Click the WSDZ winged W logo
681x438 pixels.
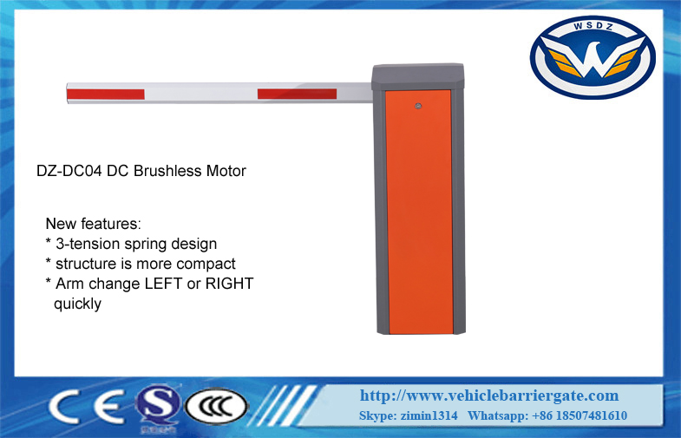pyautogui.click(x=593, y=57)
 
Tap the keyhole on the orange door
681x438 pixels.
pyautogui.click(x=418, y=106)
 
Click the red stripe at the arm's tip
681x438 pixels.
pyautogui.click(x=106, y=95)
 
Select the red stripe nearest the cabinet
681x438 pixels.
pyautogui.click(x=297, y=94)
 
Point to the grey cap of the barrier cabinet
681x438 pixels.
pyautogui.click(x=418, y=77)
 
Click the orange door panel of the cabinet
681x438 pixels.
pyautogui.click(x=419, y=212)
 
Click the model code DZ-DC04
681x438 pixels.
pyautogui.click(x=69, y=171)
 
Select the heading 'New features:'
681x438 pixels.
pyautogui.click(x=94, y=224)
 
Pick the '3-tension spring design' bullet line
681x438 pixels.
pyautogui.click(x=131, y=244)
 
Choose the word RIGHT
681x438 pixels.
pyautogui.click(x=229, y=284)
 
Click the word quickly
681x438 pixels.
pyautogui.click(x=77, y=304)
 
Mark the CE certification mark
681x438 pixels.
pyautogui.click(x=87, y=406)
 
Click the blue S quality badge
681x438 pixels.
pyautogui.click(x=157, y=407)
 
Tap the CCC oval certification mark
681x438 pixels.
pyautogui.click(x=216, y=407)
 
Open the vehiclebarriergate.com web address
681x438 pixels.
pyautogui.click(x=489, y=396)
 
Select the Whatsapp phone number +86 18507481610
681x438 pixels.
pyautogui.click(x=580, y=415)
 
